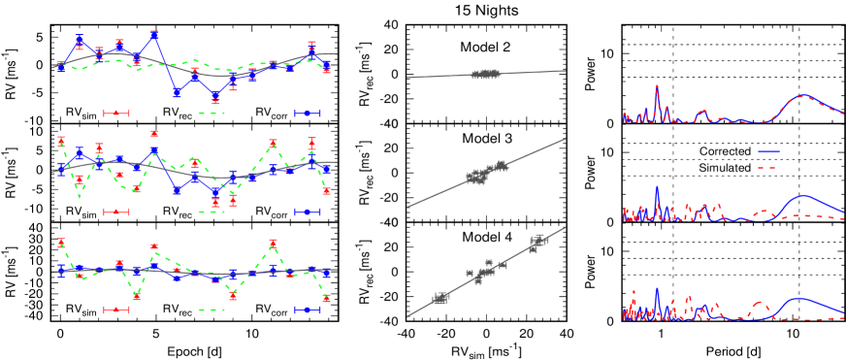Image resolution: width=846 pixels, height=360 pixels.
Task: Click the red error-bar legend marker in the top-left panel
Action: [x=116, y=114]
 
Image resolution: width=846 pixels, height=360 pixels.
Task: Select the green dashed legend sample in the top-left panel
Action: [x=211, y=114]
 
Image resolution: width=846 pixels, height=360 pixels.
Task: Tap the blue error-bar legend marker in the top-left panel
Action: [x=308, y=114]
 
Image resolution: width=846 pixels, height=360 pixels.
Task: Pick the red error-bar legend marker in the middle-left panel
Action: [x=116, y=212]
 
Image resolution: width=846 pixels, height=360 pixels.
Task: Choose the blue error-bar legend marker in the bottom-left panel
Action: [x=308, y=310]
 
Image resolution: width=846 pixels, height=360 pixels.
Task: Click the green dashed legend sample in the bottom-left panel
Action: [x=211, y=310]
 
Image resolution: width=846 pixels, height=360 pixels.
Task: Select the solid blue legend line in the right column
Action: [x=768, y=151]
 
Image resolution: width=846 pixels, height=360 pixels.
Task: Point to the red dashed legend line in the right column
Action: [x=768, y=168]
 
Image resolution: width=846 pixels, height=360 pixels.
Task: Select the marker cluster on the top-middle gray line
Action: [x=485, y=74]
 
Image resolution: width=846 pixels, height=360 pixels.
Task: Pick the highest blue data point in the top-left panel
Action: [x=154, y=36]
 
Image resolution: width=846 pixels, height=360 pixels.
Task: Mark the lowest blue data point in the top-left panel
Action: [x=215, y=97]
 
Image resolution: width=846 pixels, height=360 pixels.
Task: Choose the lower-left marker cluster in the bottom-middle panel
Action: [x=439, y=299]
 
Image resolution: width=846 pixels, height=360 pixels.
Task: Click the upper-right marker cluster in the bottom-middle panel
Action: [x=538, y=242]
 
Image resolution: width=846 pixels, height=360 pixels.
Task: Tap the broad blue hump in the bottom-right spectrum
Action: [x=798, y=300]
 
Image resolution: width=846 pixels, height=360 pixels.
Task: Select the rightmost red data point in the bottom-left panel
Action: [x=326, y=298]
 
